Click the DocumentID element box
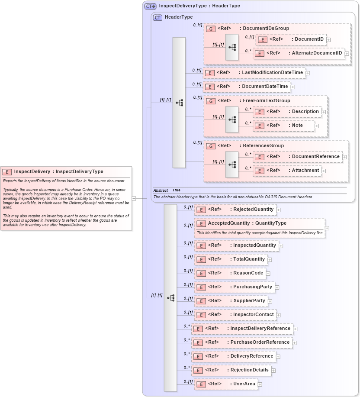tap(291, 39)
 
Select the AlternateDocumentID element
tap(299, 53)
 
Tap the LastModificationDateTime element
tap(254, 73)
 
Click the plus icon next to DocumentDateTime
tap(293, 87)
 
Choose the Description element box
tap(288, 112)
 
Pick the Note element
tap(284, 126)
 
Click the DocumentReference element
tap(298, 157)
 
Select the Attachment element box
tap(286, 171)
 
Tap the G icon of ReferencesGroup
tap(211, 146)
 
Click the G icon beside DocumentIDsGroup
tap(211, 29)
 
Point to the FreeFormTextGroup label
tap(266, 101)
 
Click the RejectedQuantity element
tap(235, 210)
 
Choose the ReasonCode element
tap(230, 274)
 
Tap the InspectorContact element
tap(235, 315)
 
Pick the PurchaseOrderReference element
tap(242, 342)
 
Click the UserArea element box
tap(226, 384)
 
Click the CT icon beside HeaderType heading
tap(158, 17)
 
